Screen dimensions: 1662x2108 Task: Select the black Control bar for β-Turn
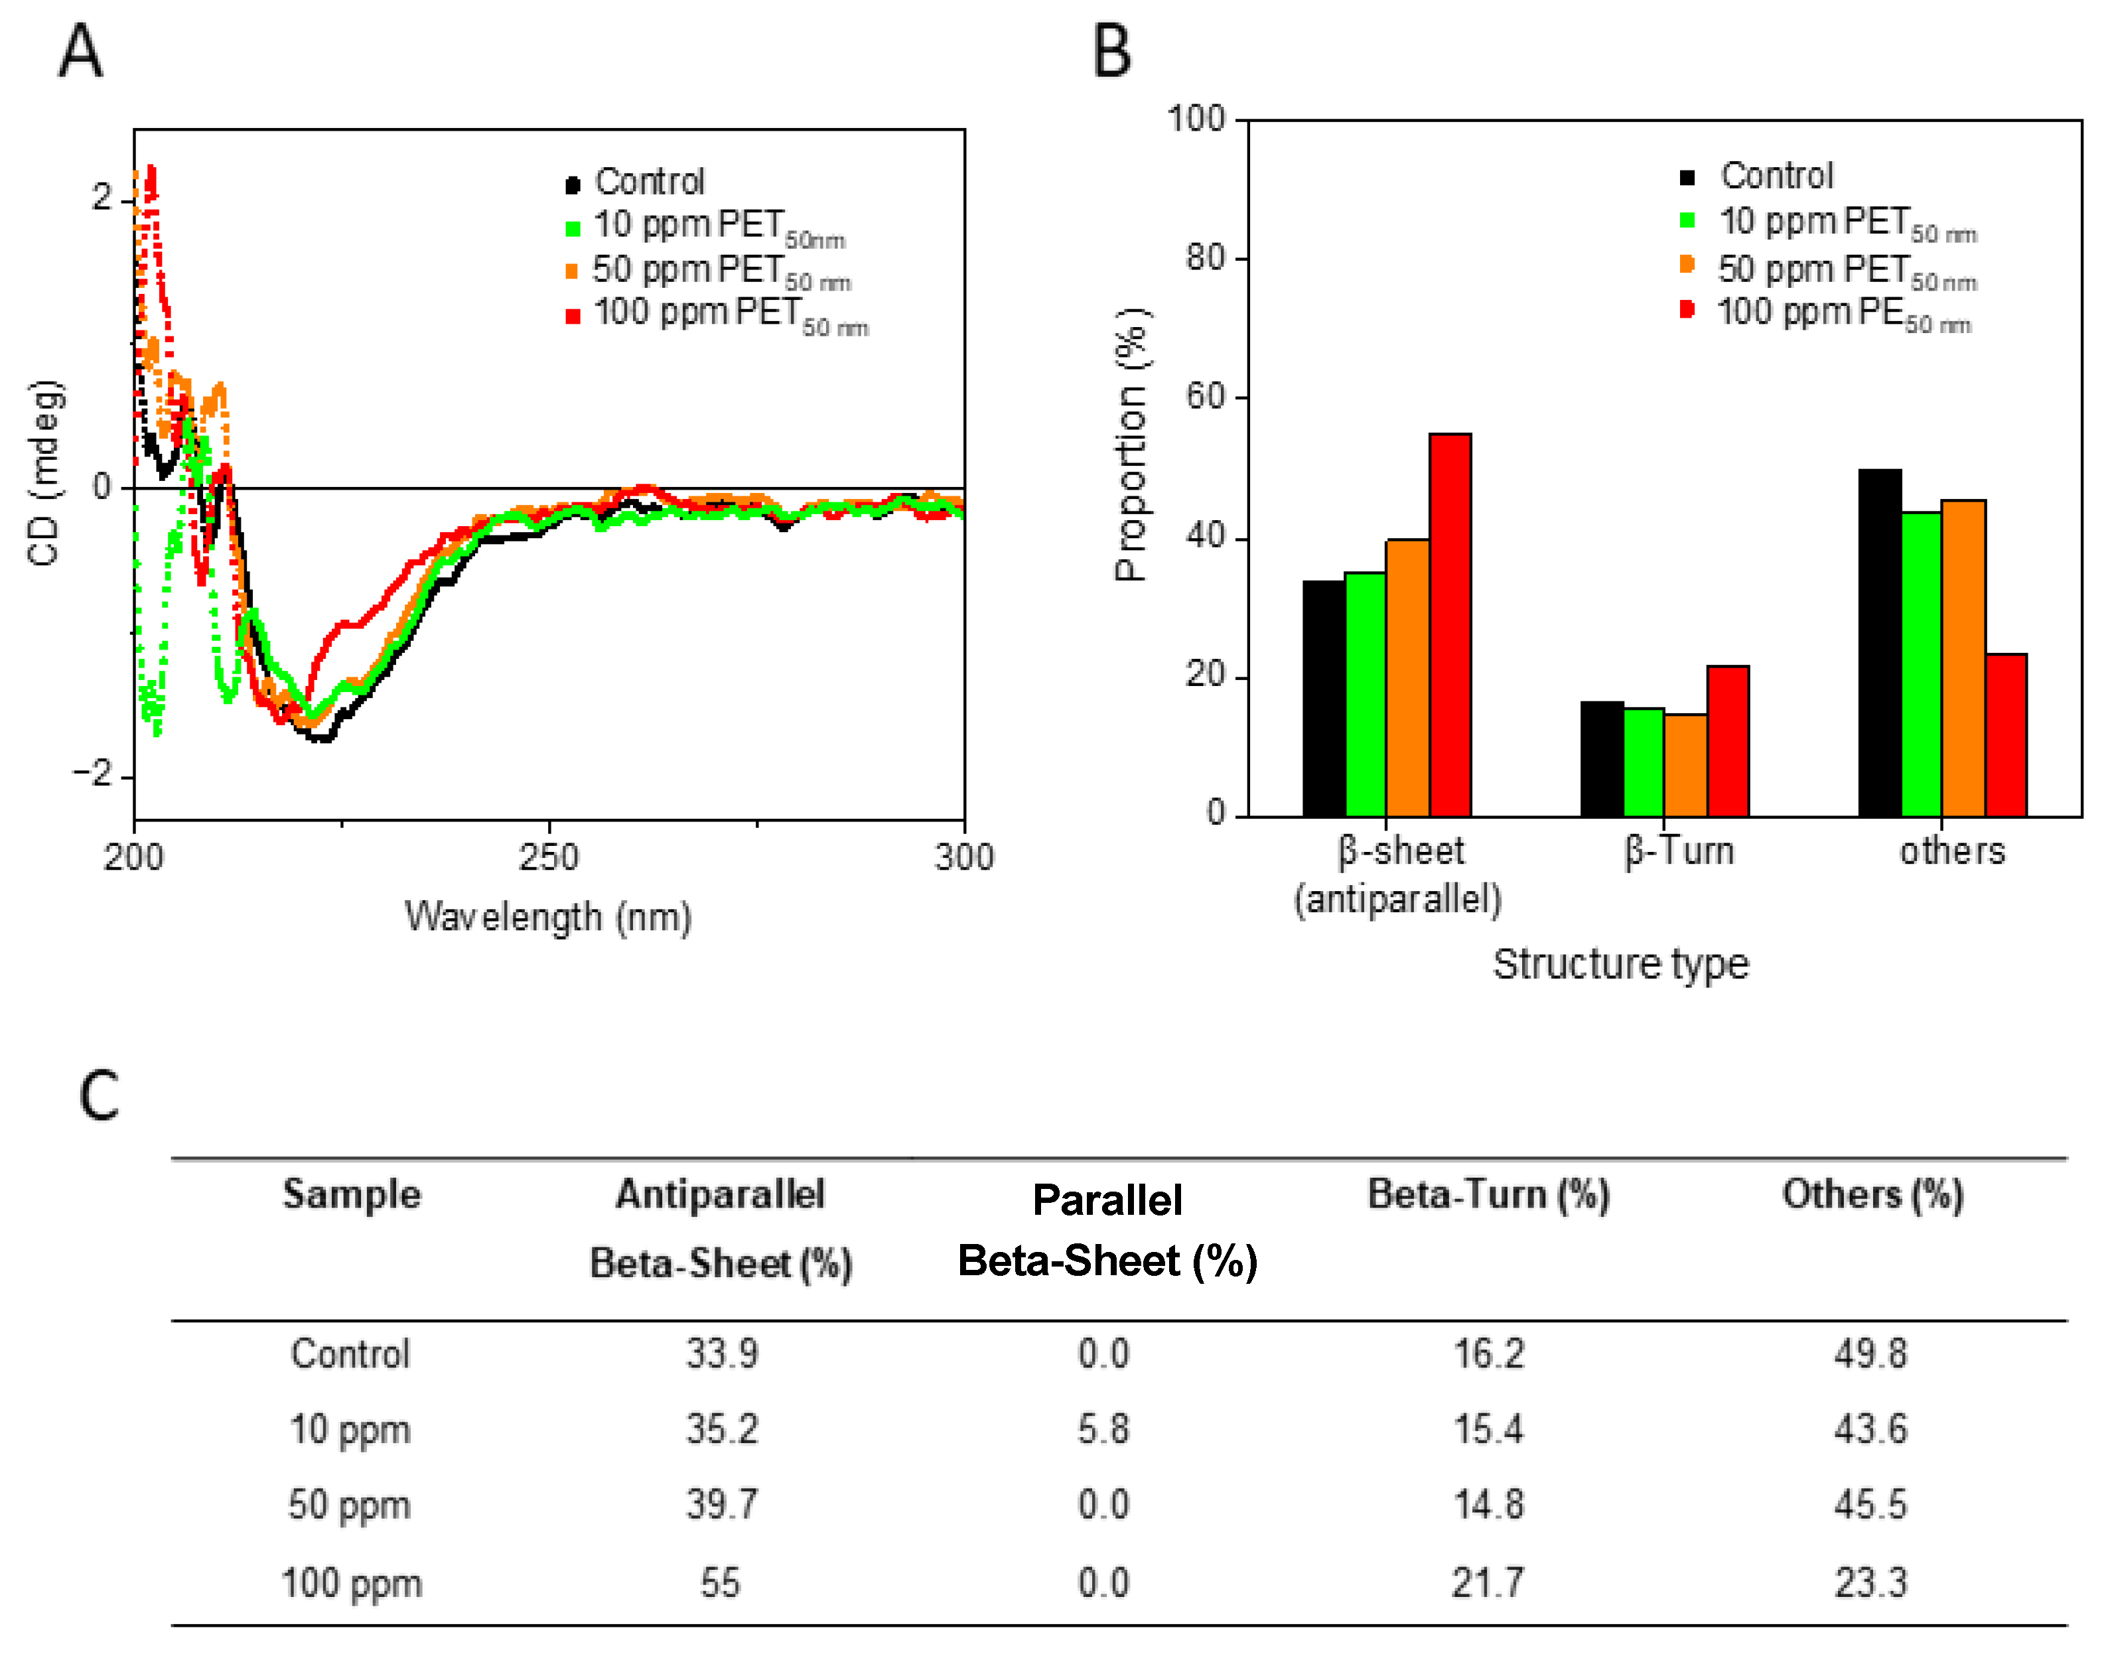pyautogui.click(x=1601, y=758)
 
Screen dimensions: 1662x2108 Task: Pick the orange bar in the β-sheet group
pyautogui.click(x=1407, y=677)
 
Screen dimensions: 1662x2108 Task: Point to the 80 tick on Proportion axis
pyautogui.click(x=1205, y=258)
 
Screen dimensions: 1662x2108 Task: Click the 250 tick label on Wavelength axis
pyautogui.click(x=549, y=857)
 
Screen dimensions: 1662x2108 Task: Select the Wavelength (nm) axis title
pyautogui.click(x=548, y=917)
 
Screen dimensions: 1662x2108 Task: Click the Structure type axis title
pyautogui.click(x=1620, y=963)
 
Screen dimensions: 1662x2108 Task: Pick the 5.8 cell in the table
pyautogui.click(x=1103, y=1429)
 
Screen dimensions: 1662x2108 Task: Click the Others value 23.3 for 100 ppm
pyautogui.click(x=1870, y=1583)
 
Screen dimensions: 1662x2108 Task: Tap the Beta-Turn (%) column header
pyautogui.click(x=1488, y=1194)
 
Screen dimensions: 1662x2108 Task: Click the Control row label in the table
pyautogui.click(x=350, y=1353)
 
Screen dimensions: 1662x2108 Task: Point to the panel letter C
pyautogui.click(x=98, y=1095)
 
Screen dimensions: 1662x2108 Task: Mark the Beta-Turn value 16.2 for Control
pyautogui.click(x=1488, y=1353)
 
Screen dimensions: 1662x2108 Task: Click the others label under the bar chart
pyautogui.click(x=1952, y=851)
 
